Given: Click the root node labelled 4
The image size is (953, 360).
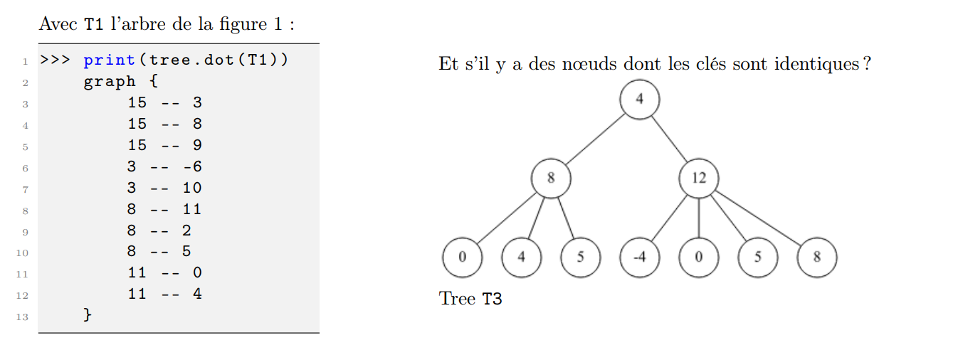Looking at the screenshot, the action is click(639, 99).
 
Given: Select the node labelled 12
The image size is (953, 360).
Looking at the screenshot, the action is click(698, 178).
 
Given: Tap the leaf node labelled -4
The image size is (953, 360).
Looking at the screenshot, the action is click(639, 257).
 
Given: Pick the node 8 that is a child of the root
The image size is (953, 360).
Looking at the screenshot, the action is click(550, 178).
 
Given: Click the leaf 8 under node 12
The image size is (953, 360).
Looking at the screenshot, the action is click(816, 257).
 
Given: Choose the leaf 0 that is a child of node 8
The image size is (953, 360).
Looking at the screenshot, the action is click(461, 257).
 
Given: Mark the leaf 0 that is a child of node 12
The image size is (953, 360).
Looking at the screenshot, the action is click(698, 257).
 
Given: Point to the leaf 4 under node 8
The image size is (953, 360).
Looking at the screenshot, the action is click(521, 257).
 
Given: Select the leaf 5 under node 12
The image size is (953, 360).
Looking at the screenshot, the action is click(757, 257).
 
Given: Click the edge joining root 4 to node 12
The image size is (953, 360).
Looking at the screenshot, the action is click(669, 139).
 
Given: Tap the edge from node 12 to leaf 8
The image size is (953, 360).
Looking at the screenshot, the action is click(757, 217).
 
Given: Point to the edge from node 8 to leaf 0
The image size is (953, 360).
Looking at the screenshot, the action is click(506, 218).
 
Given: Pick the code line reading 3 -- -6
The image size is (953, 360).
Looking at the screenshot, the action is click(164, 166).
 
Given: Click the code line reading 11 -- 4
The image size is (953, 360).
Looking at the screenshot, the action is click(164, 293).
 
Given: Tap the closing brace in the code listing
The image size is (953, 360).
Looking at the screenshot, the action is click(88, 314).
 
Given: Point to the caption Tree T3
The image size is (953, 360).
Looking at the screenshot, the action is click(470, 298).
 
